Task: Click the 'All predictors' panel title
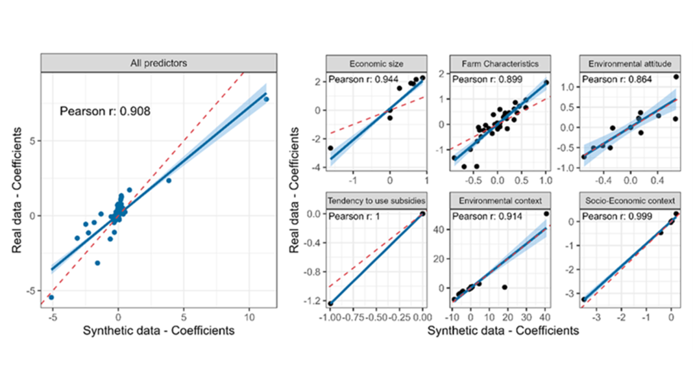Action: point(159,63)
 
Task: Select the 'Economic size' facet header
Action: point(376,64)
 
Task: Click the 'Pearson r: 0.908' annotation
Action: point(105,111)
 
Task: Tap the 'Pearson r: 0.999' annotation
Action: point(611,214)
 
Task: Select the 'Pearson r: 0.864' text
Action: point(611,79)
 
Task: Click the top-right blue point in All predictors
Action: point(266,99)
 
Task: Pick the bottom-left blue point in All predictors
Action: point(51,297)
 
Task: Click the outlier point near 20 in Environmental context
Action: point(505,287)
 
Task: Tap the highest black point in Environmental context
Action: point(546,213)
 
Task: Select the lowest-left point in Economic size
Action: point(330,148)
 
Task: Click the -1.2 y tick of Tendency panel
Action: point(313,302)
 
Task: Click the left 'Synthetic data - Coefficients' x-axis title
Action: point(159,331)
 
